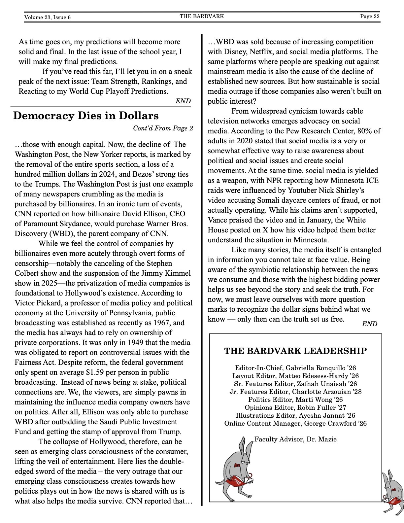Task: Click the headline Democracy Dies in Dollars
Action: click(x=86, y=116)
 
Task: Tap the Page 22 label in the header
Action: click(x=370, y=17)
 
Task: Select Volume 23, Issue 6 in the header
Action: click(x=47, y=17)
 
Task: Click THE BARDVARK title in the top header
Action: click(x=202, y=16)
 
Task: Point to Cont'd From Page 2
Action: click(x=163, y=128)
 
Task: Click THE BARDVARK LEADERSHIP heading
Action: click(x=295, y=351)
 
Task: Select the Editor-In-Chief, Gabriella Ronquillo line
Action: click(x=295, y=368)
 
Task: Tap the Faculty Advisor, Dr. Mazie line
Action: click(x=295, y=439)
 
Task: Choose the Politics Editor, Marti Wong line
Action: click(x=295, y=400)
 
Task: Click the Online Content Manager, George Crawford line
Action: click(x=295, y=423)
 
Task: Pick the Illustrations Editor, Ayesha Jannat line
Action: click(x=295, y=415)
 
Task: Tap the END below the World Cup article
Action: click(x=183, y=101)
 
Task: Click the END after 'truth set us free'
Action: click(x=369, y=324)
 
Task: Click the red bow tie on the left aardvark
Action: click(x=237, y=466)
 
